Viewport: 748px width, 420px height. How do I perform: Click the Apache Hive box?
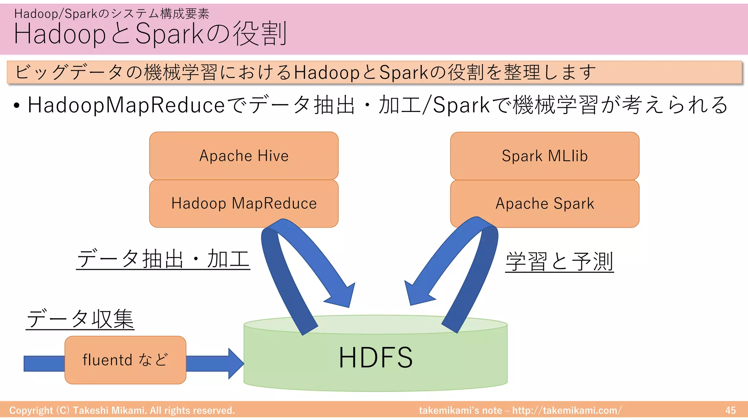[244, 156]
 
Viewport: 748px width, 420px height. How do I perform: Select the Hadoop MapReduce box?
[244, 203]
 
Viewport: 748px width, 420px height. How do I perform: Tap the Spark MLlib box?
[545, 156]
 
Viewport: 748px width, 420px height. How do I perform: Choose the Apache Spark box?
[545, 203]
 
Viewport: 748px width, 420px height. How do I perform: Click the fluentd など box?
[125, 360]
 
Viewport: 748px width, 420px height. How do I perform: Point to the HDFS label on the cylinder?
[375, 358]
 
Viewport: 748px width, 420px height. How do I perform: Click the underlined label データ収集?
[80, 319]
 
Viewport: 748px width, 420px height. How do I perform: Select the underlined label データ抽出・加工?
[163, 259]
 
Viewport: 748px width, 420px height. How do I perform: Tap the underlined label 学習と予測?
[560, 261]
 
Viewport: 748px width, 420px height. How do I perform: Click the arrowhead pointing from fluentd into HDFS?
[235, 363]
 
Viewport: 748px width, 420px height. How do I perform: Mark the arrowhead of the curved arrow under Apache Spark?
[418, 293]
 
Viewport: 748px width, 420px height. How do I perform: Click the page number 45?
[730, 411]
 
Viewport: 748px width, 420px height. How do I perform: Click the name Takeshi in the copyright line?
[91, 411]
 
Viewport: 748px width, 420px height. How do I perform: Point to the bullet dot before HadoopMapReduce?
[16, 106]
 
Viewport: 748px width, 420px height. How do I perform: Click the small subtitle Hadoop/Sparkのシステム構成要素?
[111, 14]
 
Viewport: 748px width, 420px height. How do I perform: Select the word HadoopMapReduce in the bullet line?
[126, 105]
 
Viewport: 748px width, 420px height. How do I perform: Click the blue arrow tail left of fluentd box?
[44, 363]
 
